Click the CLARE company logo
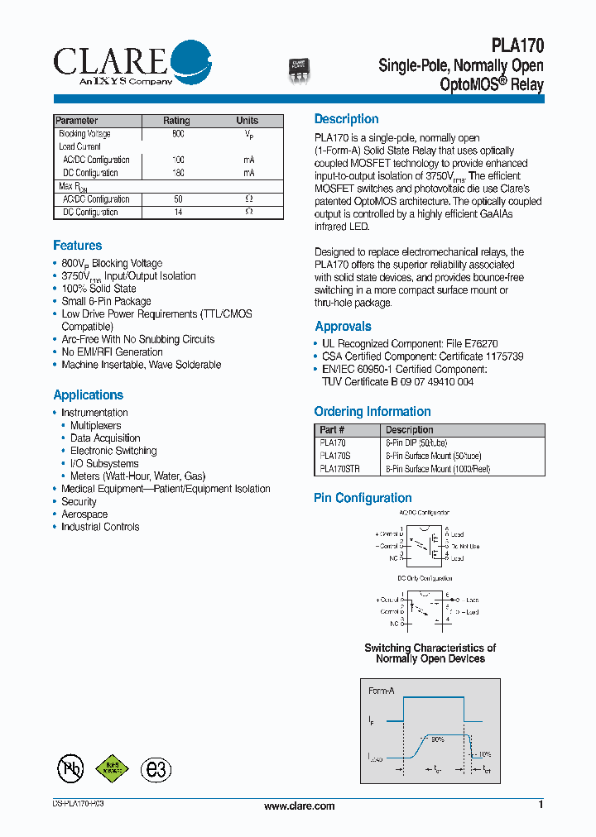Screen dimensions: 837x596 [132, 63]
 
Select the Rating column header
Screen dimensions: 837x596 [176, 121]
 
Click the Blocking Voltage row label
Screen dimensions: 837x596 [84, 134]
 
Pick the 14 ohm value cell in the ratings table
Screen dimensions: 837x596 [178, 213]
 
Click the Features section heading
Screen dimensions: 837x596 [78, 246]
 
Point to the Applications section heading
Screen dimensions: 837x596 [88, 395]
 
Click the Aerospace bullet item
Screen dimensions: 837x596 [84, 514]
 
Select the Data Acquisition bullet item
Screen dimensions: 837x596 [105, 438]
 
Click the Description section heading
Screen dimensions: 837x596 [346, 119]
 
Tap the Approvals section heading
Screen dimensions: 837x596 [343, 327]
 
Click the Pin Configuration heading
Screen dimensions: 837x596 [363, 498]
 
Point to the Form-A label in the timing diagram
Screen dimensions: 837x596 [382, 690]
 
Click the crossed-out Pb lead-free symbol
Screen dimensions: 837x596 [70, 768]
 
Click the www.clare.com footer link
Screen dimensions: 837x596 [299, 806]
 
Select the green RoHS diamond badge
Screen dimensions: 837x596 [113, 769]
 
